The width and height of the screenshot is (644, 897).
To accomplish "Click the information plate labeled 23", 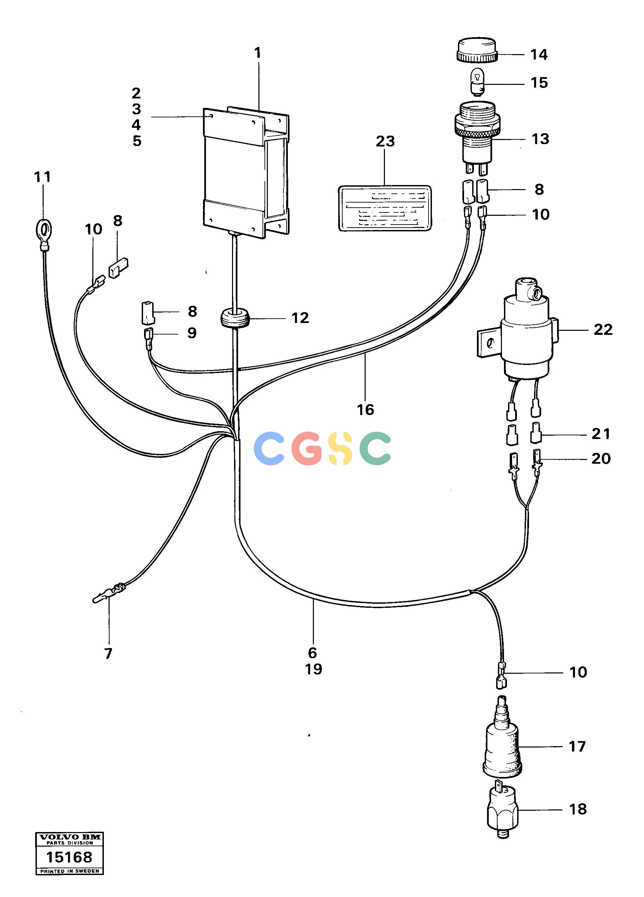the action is tap(385, 208).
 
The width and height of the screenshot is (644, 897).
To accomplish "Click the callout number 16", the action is tap(365, 410).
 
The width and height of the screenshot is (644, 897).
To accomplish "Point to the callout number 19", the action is tap(313, 669).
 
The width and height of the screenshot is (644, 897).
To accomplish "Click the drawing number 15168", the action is tap(69, 857).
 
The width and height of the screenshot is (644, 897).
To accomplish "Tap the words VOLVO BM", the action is tap(70, 836).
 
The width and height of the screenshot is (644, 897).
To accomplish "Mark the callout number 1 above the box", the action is tap(257, 53).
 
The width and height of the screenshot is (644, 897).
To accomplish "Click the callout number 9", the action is tap(192, 333).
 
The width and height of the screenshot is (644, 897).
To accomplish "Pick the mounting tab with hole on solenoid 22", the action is tap(487, 343).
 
